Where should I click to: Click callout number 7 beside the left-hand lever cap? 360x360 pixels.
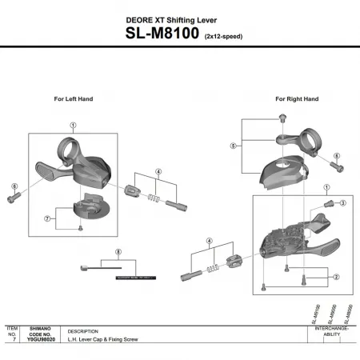tap(48, 218)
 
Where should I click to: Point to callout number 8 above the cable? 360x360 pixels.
tap(118, 252)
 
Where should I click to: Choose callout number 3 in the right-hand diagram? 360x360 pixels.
tap(342, 203)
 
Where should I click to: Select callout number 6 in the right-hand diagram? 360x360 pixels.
tap(336, 156)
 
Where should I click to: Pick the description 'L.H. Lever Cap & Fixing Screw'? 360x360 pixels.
tap(102, 340)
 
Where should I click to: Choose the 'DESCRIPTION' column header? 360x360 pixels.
tap(82, 330)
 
